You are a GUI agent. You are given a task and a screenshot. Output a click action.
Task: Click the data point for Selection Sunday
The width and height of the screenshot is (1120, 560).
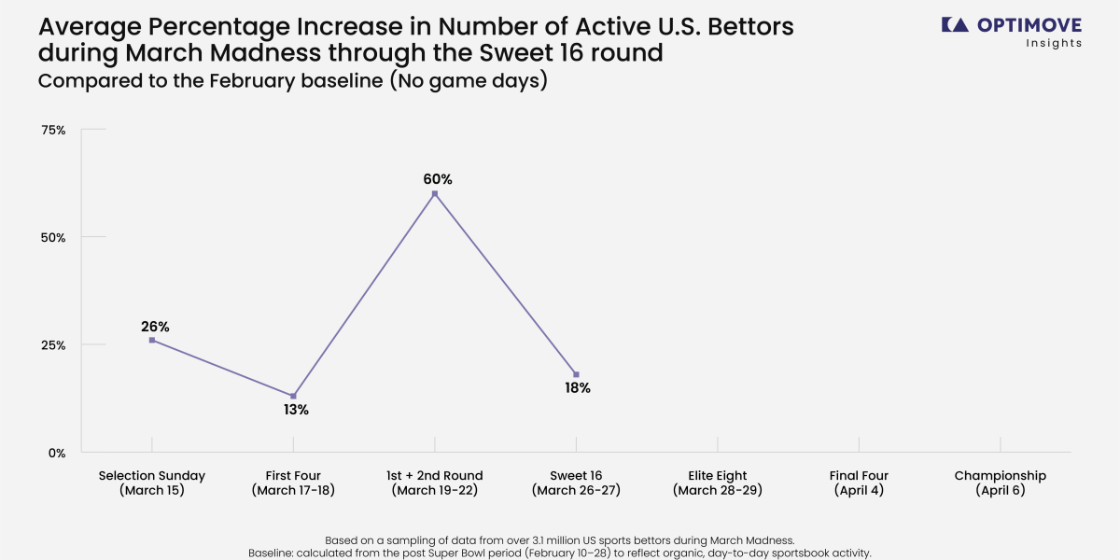click(x=152, y=340)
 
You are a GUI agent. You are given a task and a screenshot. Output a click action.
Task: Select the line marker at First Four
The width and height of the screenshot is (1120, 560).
click(x=293, y=396)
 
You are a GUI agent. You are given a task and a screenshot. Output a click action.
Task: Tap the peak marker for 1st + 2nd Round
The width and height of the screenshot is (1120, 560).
click(x=435, y=193)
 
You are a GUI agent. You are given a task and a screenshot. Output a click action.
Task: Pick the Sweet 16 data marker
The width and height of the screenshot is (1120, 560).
click(x=576, y=374)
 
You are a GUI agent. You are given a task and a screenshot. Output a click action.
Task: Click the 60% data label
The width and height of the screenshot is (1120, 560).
click(x=436, y=179)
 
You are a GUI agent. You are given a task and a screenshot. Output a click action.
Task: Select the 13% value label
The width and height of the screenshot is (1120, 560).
click(x=296, y=410)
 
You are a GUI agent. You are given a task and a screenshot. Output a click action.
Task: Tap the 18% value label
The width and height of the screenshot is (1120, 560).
click(x=577, y=388)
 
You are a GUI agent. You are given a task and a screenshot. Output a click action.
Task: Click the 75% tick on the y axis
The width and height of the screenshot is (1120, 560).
click(x=54, y=130)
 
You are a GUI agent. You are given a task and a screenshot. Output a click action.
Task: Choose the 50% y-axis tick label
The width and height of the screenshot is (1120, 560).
click(x=54, y=237)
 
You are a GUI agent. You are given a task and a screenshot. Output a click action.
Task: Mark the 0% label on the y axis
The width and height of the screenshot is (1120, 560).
click(x=57, y=453)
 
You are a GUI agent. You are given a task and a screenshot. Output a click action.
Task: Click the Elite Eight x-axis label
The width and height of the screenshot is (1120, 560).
click(x=718, y=483)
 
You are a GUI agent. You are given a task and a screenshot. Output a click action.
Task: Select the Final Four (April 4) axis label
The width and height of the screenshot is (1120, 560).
click(x=859, y=483)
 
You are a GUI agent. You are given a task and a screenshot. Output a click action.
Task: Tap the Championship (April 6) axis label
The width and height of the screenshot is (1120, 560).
click(x=1000, y=483)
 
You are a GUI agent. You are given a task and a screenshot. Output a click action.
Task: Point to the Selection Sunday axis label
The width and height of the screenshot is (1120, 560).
click(x=152, y=483)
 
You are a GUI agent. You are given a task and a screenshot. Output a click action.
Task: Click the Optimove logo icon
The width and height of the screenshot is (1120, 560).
click(x=954, y=25)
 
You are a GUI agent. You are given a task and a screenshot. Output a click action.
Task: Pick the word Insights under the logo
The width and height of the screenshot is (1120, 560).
click(x=1054, y=43)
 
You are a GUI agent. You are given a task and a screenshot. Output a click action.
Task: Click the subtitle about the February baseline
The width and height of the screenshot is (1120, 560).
click(x=292, y=81)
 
